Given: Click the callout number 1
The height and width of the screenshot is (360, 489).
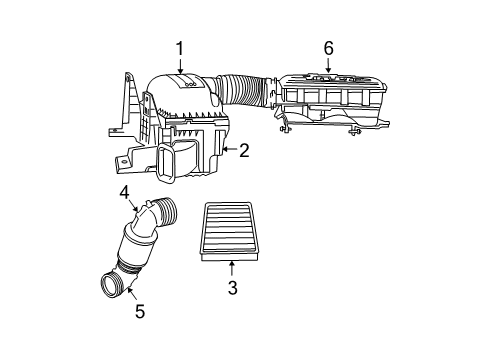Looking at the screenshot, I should click(x=180, y=48).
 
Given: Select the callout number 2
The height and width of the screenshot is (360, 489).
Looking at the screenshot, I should click(x=243, y=150).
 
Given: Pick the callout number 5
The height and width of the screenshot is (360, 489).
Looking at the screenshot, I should click(x=139, y=311).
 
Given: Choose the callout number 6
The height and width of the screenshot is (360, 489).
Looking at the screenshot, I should click(x=327, y=47).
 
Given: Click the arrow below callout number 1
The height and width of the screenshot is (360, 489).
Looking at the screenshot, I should click(x=180, y=67).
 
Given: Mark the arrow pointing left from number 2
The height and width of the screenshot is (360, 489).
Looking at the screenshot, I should click(x=228, y=150).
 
